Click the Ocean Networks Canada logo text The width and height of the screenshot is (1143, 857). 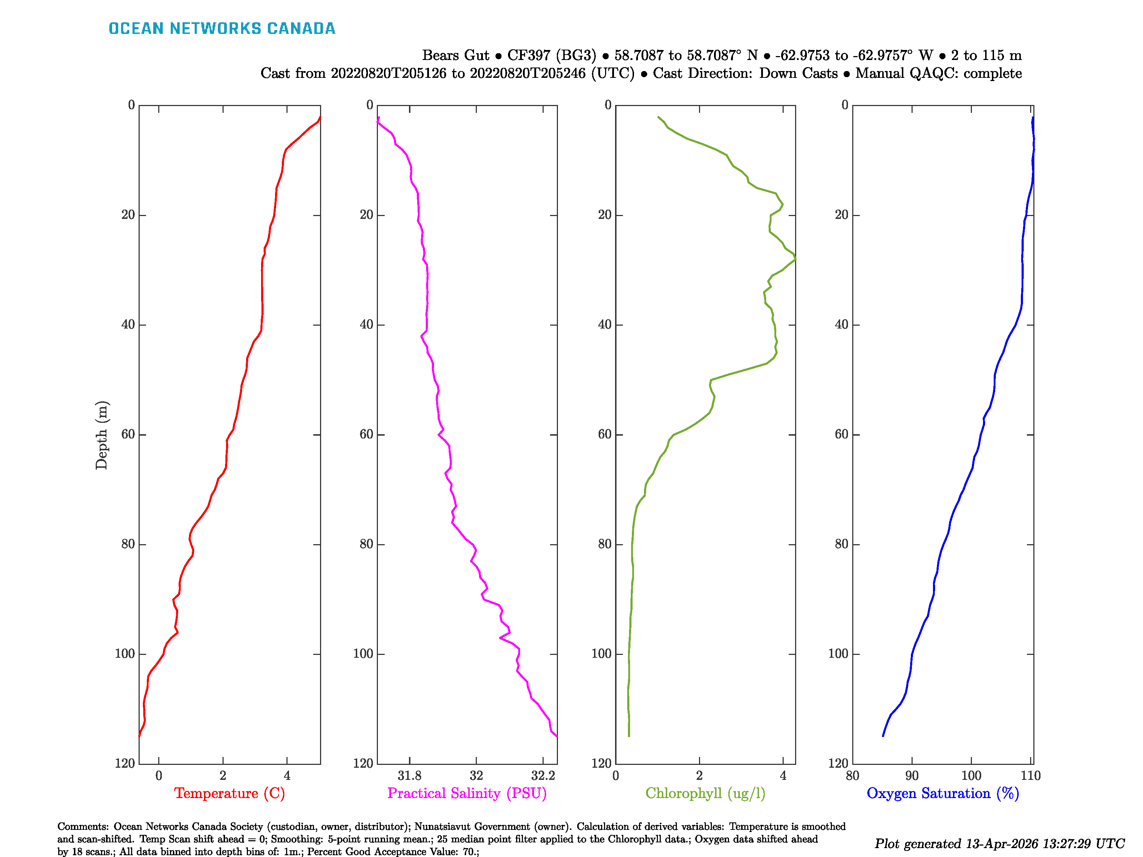coord(222,29)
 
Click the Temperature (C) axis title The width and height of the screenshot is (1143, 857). coord(229,793)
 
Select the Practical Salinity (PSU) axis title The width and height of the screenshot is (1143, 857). coord(466,793)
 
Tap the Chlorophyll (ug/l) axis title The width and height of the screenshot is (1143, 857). coord(705,793)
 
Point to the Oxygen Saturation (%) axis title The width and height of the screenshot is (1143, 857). coord(943,793)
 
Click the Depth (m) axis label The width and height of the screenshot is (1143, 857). coord(101,435)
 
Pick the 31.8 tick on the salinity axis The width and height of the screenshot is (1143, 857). coord(409,775)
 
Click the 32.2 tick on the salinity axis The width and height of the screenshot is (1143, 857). coord(543,775)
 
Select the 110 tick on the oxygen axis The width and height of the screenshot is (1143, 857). coord(1030,775)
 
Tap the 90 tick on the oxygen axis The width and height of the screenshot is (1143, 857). coord(912,775)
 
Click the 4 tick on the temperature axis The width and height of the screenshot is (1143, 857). coord(287,775)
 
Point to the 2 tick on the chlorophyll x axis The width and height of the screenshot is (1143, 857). coord(699,775)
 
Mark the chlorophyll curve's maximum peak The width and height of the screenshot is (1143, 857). coord(795,259)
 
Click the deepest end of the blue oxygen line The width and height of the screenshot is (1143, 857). coord(883,736)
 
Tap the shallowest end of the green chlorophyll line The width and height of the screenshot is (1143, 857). coord(658,117)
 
